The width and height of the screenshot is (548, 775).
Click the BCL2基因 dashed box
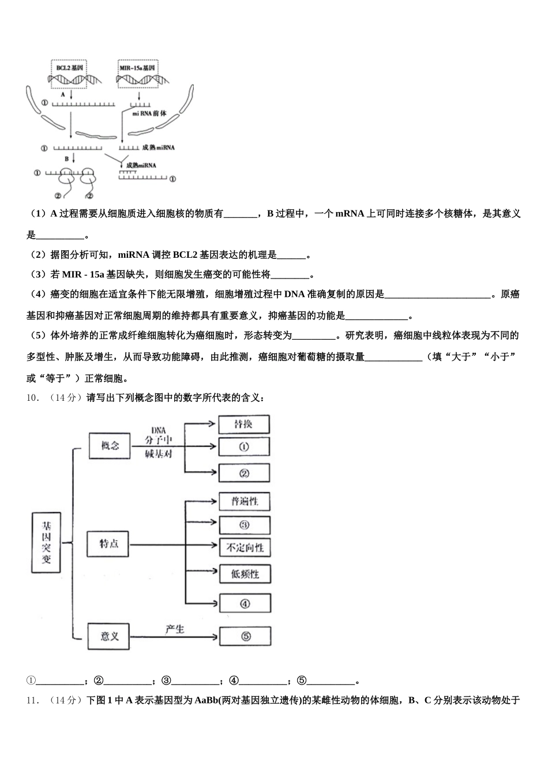pos(69,74)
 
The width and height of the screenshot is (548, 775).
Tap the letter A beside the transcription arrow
pos(62,94)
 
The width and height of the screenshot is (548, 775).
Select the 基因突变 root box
pos(46,543)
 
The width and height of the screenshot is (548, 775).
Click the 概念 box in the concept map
pos(110,446)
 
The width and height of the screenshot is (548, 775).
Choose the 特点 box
pos(109,543)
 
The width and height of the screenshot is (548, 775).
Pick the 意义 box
pos(110,636)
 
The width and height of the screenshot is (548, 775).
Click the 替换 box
pos(243,424)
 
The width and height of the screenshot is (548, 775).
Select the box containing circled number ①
pos(243,447)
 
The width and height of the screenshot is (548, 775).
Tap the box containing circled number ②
pos(243,473)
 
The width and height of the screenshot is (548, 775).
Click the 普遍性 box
pos(245,501)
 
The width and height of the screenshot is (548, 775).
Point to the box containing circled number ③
pos(245,525)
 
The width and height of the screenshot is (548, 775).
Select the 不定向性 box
pos(245,547)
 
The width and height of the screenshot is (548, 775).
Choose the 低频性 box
pos(245,574)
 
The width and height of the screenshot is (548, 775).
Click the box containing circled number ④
pos(245,603)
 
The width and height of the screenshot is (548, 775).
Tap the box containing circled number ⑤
pos(245,636)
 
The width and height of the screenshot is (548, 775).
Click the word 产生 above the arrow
pos(174,629)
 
